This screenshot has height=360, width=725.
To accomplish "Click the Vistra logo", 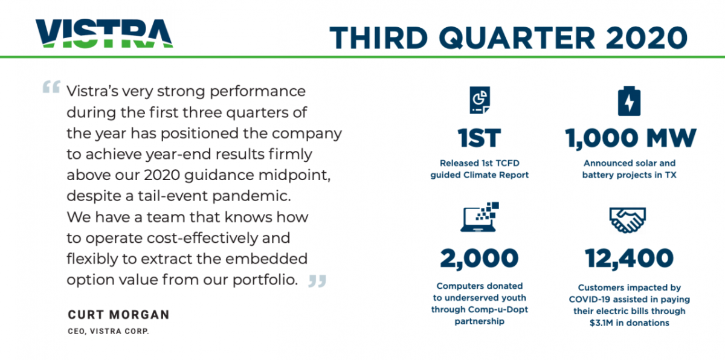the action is tap(104, 33).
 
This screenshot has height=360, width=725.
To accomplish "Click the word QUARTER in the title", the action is tap(517, 37).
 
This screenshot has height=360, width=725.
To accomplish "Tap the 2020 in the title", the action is tap(646, 37).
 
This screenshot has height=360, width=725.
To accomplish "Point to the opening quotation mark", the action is tap(51, 87).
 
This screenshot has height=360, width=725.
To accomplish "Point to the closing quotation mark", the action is tap(317, 281).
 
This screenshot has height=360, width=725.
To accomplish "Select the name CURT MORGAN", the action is tap(119, 314).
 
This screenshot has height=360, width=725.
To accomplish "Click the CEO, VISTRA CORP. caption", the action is tap(108, 331).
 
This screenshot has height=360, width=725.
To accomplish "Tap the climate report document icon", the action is tap(480, 100).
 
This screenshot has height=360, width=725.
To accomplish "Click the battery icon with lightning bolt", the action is tap(629, 101).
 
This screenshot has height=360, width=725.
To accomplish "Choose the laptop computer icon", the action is tap(479, 217).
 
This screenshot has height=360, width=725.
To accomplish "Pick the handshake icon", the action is tap(628, 220).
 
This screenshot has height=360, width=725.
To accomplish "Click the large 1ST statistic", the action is tap(479, 138).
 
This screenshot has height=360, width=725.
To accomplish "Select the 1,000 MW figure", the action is tap(631, 139).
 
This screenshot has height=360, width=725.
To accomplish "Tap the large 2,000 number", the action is tap(479, 259).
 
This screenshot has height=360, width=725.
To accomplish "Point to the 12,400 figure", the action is tap(629, 259).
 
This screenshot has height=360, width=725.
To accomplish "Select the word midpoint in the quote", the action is tap(294, 175).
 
